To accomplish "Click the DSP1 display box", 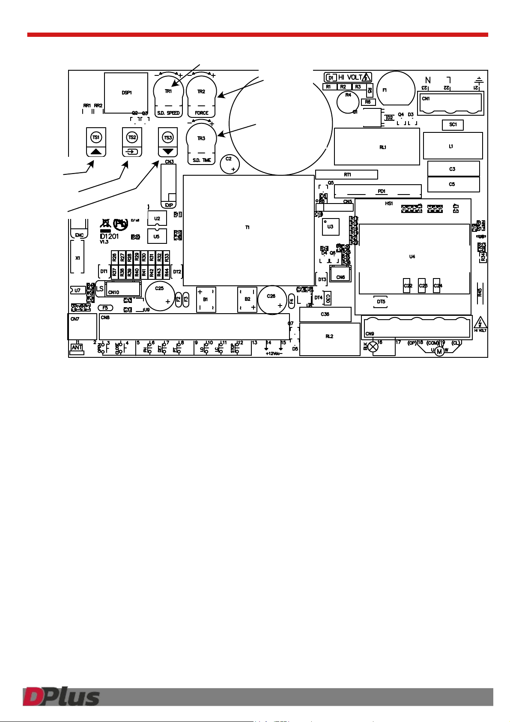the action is click(x=126, y=93).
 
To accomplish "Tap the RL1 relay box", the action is click(x=377, y=147).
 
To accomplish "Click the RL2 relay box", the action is click(x=330, y=339).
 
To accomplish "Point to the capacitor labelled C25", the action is click(x=160, y=295).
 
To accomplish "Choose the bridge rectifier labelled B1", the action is click(x=206, y=300).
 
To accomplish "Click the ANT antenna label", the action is click(x=77, y=348).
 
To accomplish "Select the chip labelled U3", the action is click(x=331, y=227).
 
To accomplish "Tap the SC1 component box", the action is click(x=453, y=125).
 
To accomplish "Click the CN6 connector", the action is click(x=340, y=274).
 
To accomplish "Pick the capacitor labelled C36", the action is click(x=325, y=314).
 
